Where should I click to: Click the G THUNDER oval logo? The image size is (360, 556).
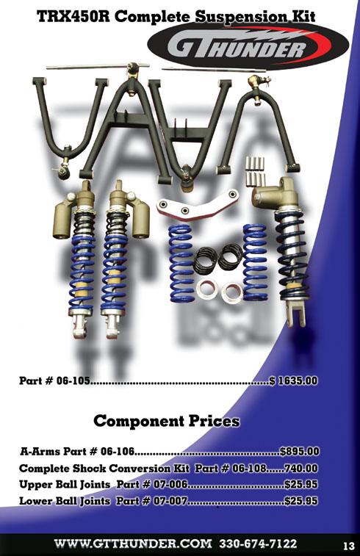tap(248, 46)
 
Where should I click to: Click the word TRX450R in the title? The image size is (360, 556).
tap(73, 16)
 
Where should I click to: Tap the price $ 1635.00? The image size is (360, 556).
tap(293, 381)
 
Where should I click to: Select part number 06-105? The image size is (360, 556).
tap(73, 381)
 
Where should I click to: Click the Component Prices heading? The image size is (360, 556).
tap(167, 421)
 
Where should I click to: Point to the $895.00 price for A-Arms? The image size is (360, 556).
tap(300, 452)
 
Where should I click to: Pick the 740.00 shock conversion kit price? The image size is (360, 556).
tap(301, 468)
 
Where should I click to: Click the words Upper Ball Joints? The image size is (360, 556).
tap(65, 484)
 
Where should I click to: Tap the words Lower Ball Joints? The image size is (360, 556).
tap(65, 501)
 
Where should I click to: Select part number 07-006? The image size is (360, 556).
tap(170, 484)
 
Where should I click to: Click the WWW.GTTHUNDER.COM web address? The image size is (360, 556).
tap(133, 544)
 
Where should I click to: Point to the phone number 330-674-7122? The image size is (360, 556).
tap(258, 544)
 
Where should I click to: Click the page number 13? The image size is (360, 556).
tap(349, 546)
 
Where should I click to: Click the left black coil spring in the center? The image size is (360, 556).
tap(206, 261)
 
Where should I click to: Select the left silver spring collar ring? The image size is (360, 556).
tap(206, 288)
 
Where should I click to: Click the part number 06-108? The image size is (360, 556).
tap(249, 468)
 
